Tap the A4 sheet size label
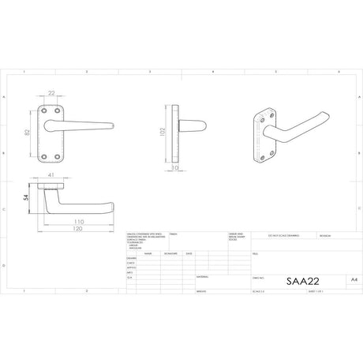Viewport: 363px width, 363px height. coord(341,279)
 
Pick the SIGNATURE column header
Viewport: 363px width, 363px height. coord(171,253)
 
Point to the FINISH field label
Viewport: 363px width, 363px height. coord(174,234)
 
